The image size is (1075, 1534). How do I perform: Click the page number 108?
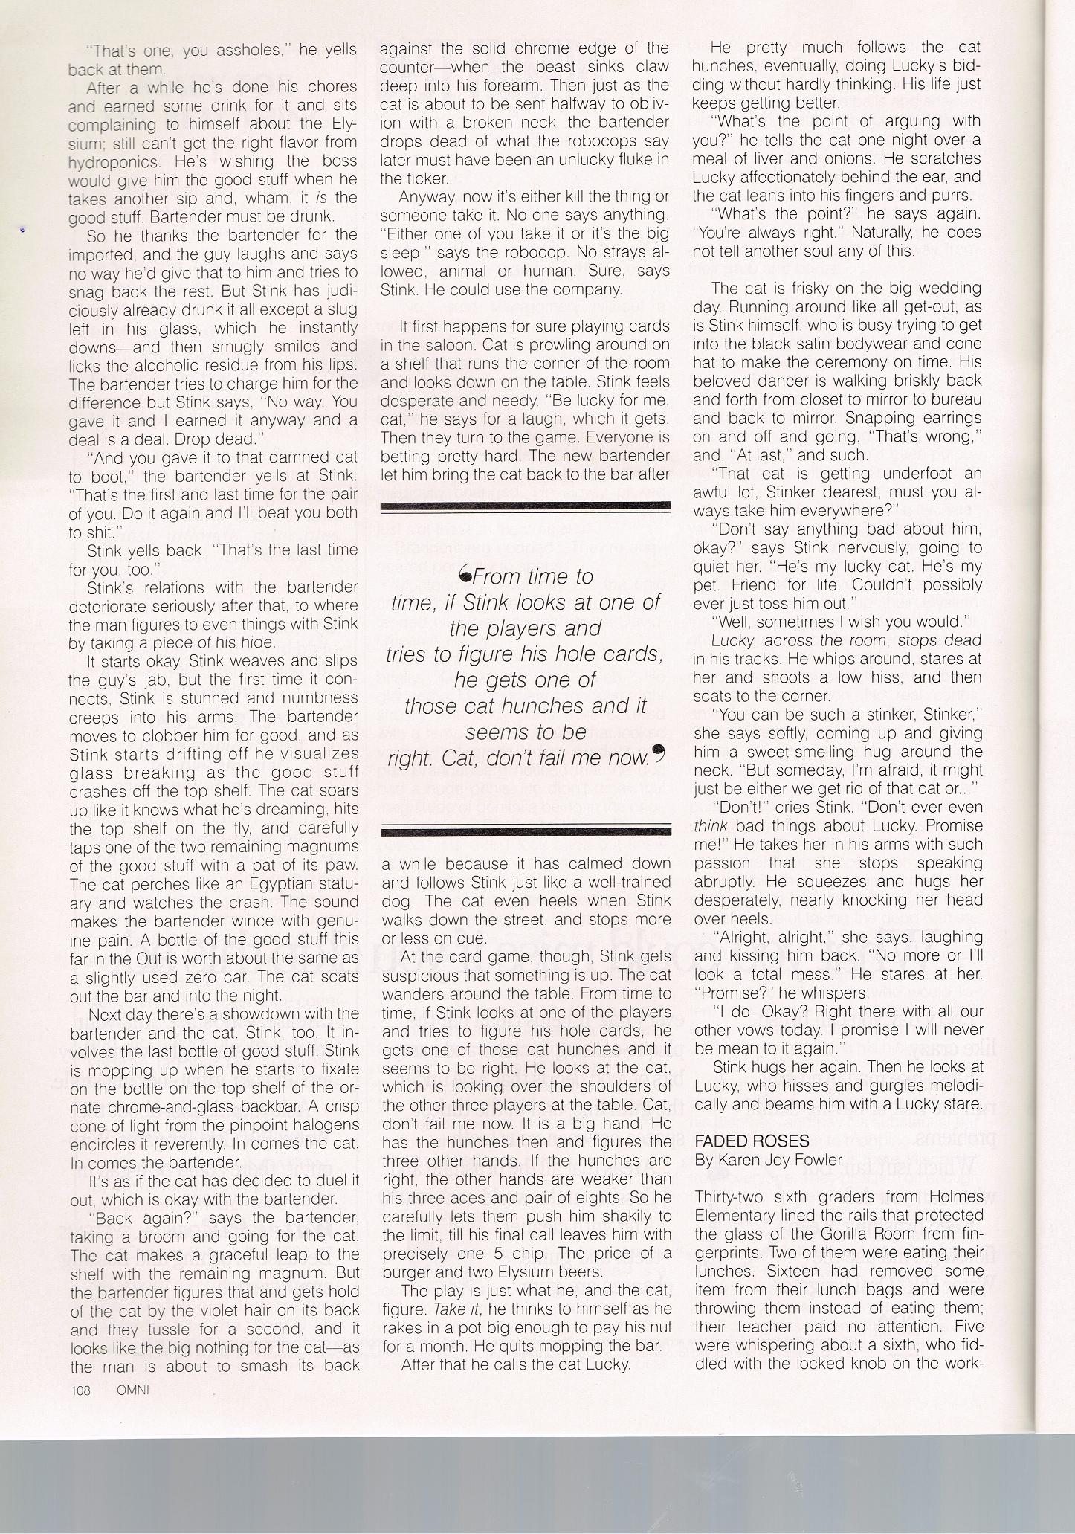click(x=80, y=1390)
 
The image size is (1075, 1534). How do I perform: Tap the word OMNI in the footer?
click(x=128, y=1390)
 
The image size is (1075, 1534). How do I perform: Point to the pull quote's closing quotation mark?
click(x=656, y=755)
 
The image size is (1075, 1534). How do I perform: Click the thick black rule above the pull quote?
click(x=525, y=506)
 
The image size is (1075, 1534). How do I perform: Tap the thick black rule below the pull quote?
click(x=525, y=832)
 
